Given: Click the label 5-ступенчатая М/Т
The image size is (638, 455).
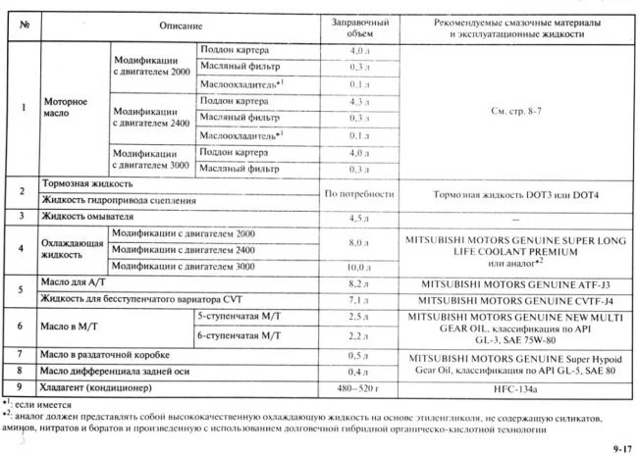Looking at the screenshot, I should click(x=237, y=318).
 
